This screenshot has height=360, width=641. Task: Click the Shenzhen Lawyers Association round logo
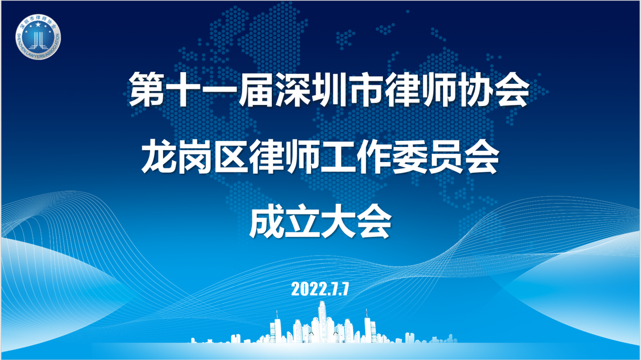(38, 37)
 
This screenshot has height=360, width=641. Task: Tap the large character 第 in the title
(147, 89)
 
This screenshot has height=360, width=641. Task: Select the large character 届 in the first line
(256, 89)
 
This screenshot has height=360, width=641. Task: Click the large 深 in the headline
(292, 89)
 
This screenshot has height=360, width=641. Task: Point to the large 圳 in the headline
(328, 89)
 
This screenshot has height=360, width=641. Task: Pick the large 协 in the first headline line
(474, 89)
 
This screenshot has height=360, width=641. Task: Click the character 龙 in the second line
(159, 156)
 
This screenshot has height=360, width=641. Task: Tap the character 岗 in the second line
(195, 156)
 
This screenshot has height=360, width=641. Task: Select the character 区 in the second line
(231, 156)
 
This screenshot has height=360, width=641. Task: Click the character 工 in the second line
(338, 156)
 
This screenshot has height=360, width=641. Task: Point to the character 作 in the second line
(375, 156)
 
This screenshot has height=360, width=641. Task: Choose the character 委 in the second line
(411, 156)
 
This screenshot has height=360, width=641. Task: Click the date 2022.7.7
(320, 289)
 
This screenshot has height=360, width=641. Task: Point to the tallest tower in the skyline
(322, 322)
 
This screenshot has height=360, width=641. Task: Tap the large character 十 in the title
(183, 89)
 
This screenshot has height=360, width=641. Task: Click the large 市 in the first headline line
(365, 89)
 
